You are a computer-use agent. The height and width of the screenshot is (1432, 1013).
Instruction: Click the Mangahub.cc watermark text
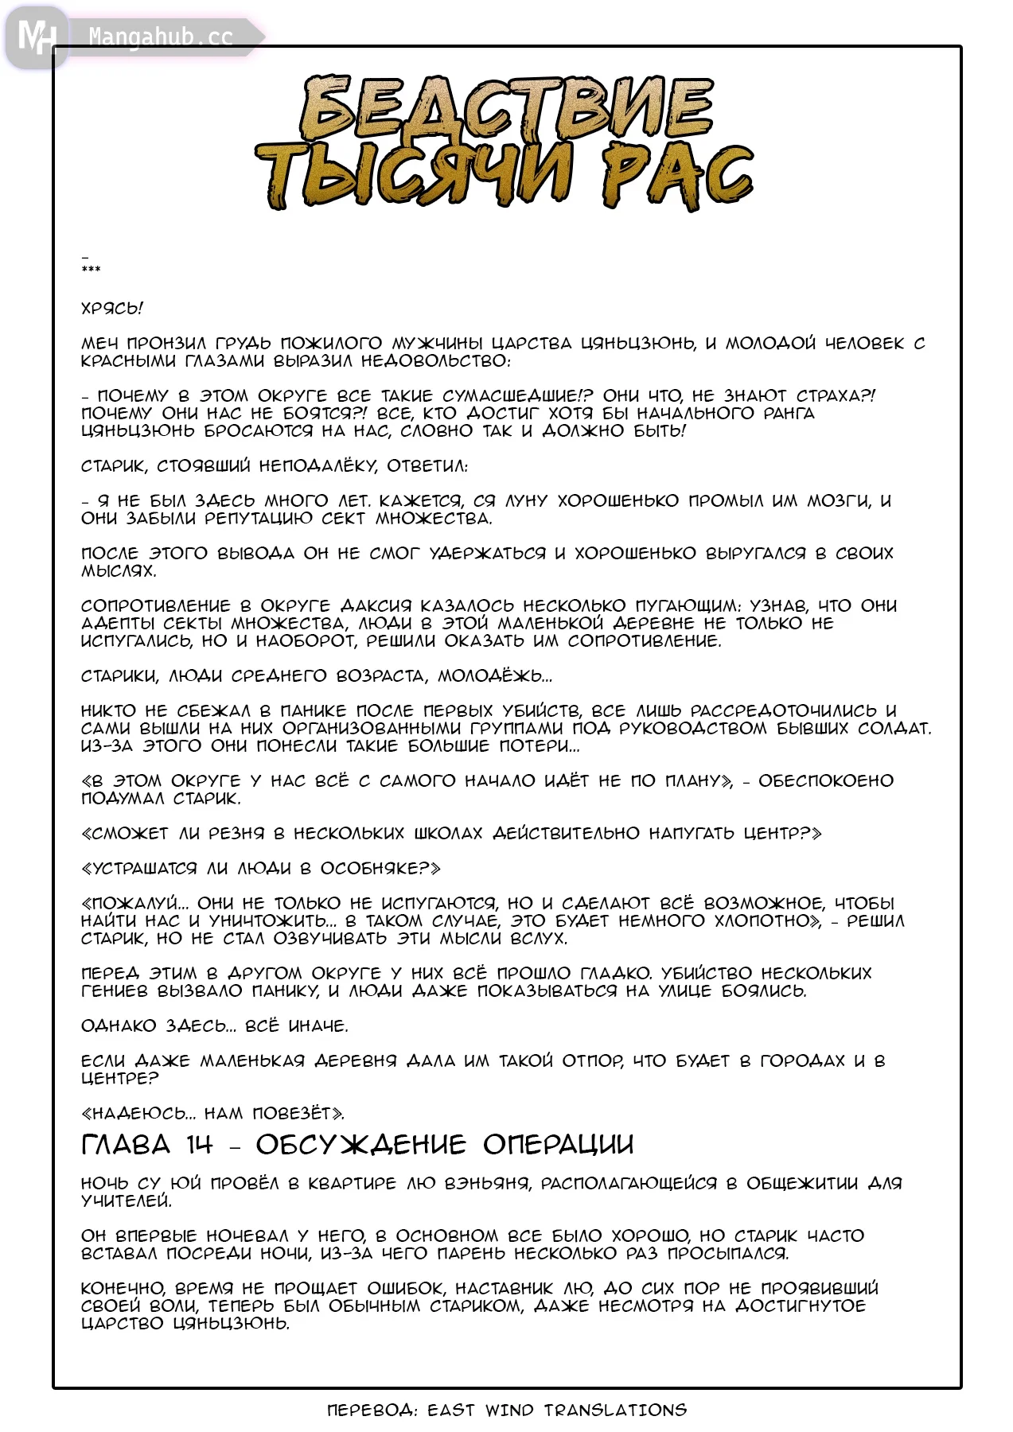click(161, 37)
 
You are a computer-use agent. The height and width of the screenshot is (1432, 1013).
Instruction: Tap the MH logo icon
click(37, 37)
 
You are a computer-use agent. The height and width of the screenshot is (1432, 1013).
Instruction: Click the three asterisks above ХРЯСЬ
click(91, 270)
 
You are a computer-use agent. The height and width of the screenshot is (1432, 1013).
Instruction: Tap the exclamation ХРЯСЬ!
click(112, 308)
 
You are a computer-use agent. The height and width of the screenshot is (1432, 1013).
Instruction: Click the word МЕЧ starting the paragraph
click(100, 344)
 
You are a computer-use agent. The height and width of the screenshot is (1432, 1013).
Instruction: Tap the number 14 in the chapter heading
click(200, 1145)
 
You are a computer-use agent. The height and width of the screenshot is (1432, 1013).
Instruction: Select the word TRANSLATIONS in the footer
click(615, 1411)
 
